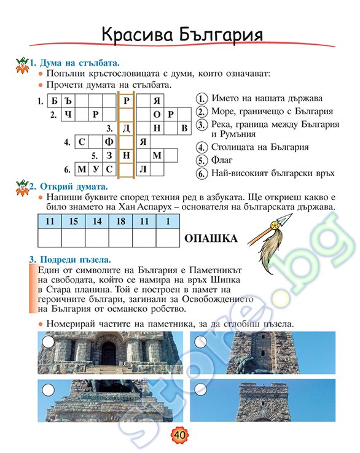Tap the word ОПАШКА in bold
pyautogui.click(x=208, y=238)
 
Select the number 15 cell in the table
pyautogui.click(x=73, y=220)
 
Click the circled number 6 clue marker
pyautogui.click(x=200, y=173)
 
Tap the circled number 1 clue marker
pyautogui.click(x=200, y=99)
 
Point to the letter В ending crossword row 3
pyautogui.click(x=184, y=128)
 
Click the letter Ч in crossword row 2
pyautogui.click(x=68, y=115)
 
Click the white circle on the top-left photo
pyautogui.click(x=47, y=341)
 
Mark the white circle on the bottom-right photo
pyautogui.click(x=200, y=389)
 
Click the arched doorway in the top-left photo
pyautogui.click(x=108, y=353)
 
